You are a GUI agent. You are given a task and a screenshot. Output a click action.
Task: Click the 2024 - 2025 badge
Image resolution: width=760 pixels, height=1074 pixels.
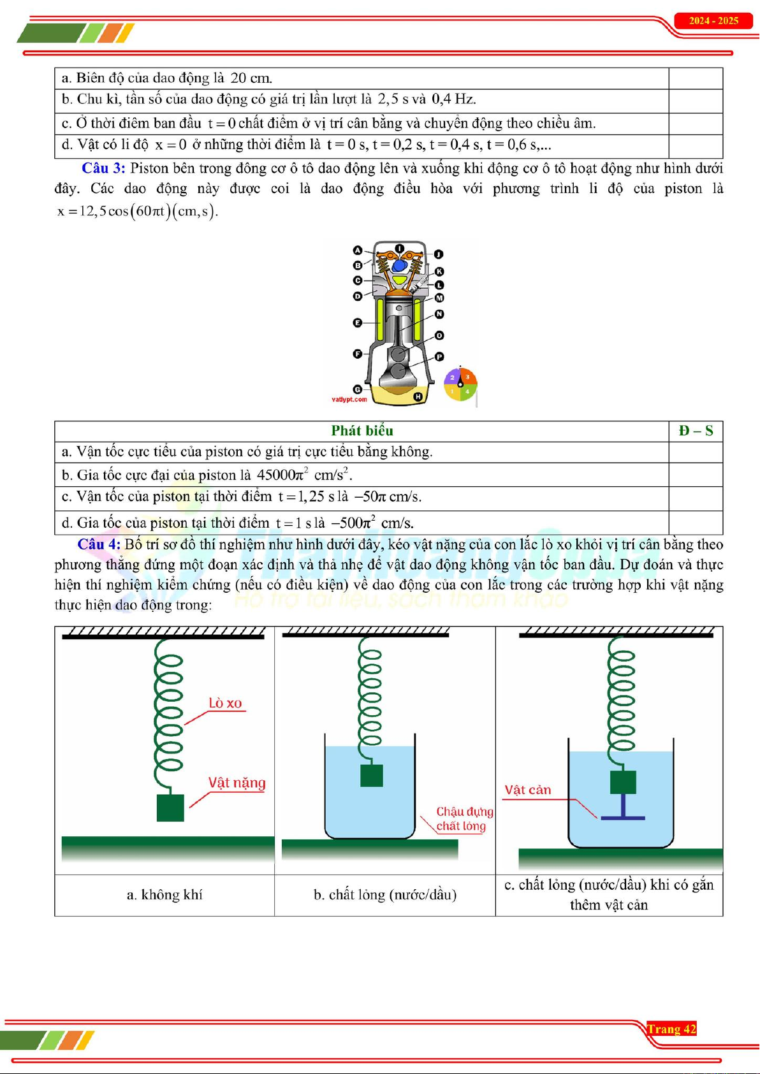coord(713,21)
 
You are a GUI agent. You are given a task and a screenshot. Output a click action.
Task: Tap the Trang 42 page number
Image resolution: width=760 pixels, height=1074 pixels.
coord(671,1029)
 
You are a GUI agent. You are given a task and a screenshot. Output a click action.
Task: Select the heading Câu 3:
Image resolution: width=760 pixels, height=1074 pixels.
coord(103,168)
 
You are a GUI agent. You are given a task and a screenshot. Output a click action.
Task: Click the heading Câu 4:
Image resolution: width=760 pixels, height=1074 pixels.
coord(99,544)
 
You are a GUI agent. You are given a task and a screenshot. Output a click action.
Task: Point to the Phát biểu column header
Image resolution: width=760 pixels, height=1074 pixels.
coord(362,431)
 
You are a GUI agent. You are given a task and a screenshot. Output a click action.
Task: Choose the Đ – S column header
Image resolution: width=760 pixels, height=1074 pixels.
coord(696,431)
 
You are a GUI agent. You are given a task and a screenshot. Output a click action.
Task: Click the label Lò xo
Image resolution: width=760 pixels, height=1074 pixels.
coord(226,703)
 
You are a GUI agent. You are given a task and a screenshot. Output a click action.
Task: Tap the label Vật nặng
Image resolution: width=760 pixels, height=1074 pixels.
coord(237,783)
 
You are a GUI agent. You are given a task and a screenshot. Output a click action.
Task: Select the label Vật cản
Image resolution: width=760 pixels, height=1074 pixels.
coord(527,790)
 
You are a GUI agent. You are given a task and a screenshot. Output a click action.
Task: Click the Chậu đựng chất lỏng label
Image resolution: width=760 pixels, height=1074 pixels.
coord(464,819)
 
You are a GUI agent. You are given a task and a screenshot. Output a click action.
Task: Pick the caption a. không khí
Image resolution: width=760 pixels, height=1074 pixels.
coord(164,895)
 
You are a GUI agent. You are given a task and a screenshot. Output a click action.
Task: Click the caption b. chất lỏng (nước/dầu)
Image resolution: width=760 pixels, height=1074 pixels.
coord(385,895)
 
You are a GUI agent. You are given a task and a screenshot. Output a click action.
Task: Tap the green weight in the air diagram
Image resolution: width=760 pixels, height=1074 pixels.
coord(170,808)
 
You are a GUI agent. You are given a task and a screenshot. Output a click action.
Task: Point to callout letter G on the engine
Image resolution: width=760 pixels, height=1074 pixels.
coord(358,389)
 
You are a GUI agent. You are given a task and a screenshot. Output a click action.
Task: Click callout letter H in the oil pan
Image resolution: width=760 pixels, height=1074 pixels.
coord(418,396)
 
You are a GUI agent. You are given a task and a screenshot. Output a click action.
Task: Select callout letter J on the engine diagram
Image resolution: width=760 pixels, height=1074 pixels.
coord(439,254)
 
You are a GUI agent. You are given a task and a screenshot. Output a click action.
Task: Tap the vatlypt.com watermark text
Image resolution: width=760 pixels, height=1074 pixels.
coord(349,400)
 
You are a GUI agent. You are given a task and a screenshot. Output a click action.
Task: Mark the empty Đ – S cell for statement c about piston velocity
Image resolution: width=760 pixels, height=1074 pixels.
coord(696,498)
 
